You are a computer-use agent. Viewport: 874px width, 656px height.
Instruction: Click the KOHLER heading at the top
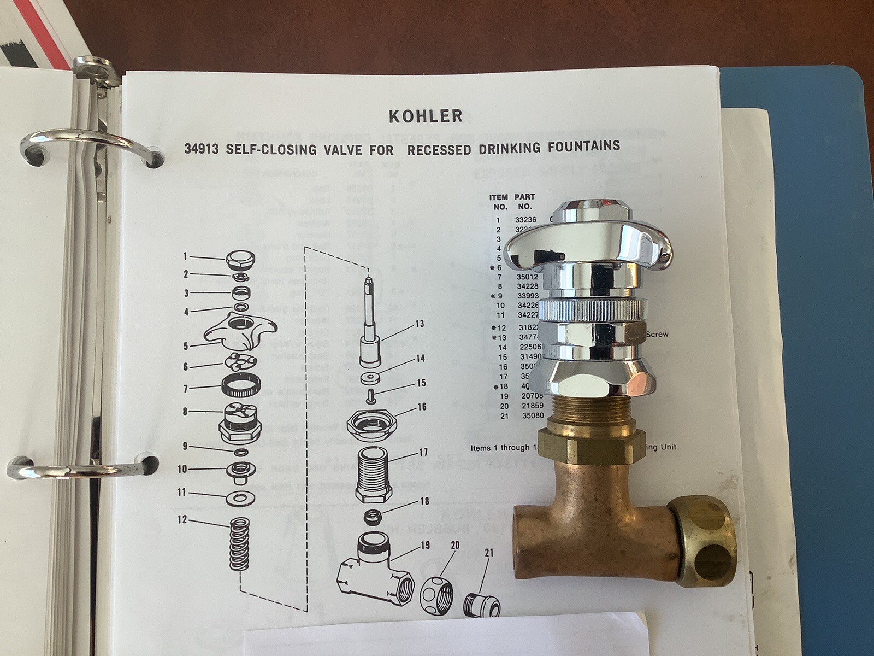[x=426, y=116]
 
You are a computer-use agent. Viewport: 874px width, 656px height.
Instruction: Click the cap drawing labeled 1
[x=240, y=259]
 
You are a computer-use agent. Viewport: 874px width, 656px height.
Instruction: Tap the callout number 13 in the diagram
[x=419, y=324]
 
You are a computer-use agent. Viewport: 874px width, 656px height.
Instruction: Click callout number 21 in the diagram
[x=489, y=553]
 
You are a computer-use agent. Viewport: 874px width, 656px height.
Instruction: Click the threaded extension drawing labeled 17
[x=374, y=473]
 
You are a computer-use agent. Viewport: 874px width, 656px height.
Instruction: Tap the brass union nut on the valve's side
[x=704, y=541]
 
